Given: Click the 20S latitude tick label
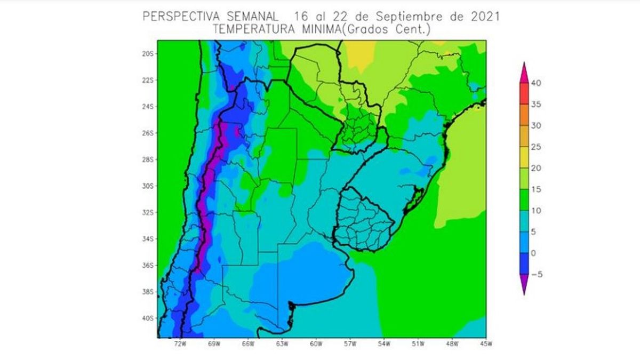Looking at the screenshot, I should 148,54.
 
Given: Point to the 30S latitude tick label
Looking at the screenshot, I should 148,186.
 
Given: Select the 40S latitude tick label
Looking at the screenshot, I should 148,318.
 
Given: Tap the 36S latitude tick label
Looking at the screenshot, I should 148,266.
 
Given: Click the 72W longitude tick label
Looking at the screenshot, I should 180,344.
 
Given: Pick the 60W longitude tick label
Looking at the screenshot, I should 316,344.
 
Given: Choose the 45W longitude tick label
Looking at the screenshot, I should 485,344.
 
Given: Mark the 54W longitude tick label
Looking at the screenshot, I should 384,344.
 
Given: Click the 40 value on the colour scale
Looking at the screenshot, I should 536,83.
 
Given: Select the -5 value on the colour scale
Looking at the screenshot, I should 536,274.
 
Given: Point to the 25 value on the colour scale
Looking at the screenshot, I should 536,147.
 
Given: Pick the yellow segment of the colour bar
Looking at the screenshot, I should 524,157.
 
